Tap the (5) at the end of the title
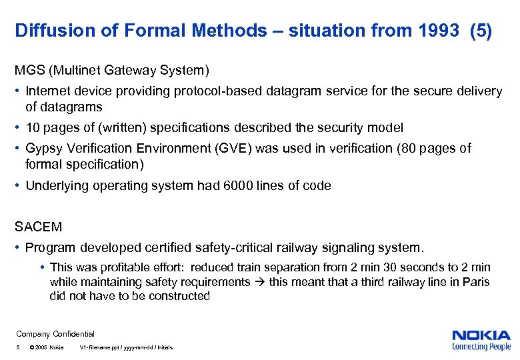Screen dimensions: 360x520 click(481, 31)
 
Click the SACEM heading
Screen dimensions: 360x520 click(39, 227)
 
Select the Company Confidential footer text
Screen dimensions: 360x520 click(55, 334)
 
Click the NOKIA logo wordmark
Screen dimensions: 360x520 click(481, 335)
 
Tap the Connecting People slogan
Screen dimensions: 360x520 click(481, 346)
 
